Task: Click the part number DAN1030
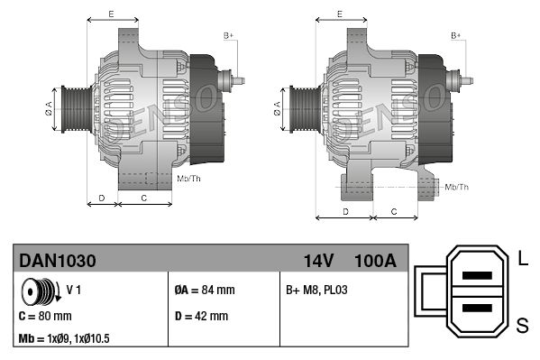point(58,261)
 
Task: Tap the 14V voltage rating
point(318,261)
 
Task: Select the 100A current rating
point(375,261)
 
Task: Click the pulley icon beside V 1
point(41,291)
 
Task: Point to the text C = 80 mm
point(45,316)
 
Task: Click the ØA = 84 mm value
point(205,290)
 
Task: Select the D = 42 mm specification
point(201,316)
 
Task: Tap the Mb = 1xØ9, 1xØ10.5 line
point(64,338)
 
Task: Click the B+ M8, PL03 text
point(316,290)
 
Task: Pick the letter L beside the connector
point(523,258)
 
